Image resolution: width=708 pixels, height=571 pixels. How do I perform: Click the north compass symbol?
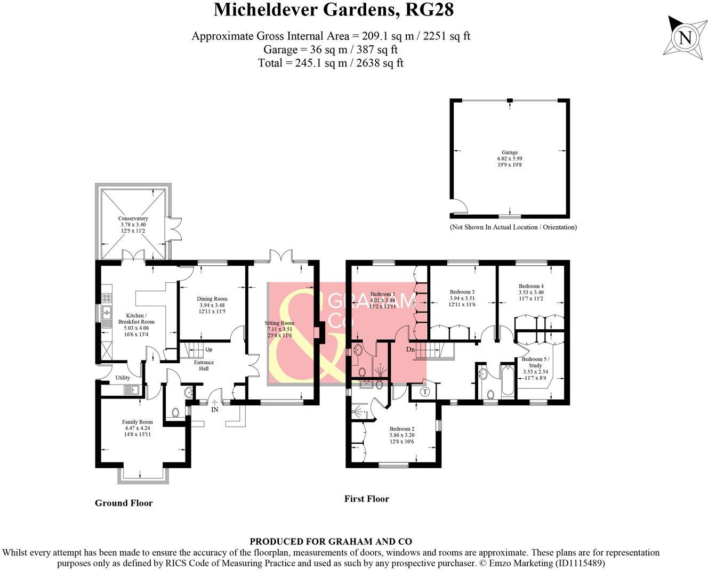685,37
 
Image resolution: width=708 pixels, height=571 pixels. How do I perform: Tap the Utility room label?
123,378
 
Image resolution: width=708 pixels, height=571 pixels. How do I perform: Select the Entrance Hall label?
203,365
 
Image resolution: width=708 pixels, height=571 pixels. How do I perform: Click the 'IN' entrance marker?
215,410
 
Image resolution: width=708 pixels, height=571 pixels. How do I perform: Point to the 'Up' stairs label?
208,350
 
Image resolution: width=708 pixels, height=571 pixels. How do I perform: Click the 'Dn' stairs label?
410,349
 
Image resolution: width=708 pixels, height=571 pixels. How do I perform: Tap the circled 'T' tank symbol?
425,392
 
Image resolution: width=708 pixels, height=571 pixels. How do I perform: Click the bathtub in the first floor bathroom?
506,380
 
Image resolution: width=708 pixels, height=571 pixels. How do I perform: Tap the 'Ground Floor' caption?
124,503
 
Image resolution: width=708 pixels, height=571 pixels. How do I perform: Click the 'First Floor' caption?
367,499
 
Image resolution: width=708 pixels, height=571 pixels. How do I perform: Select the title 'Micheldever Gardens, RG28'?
334,10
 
